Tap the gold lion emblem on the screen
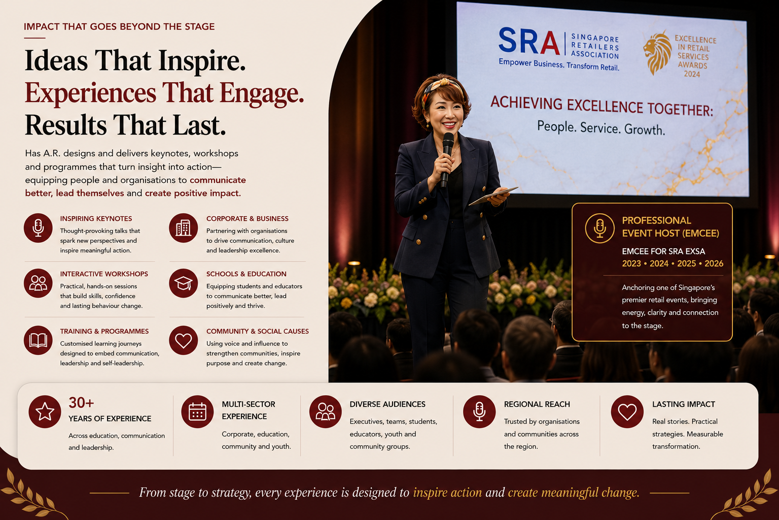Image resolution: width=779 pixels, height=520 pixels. coord(657,53)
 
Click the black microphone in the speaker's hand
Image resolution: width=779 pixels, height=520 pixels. coord(446,159)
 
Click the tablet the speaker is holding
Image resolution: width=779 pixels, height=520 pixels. coord(493,196)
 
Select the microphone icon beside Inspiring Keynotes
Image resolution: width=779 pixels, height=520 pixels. coord(38,228)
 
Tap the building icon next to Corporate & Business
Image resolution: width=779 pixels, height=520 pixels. coord(183,228)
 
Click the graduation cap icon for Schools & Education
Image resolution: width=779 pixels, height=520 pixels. coord(183,283)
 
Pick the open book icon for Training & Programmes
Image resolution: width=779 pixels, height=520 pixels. coord(38,340)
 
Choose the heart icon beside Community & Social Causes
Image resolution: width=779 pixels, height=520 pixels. coord(183,340)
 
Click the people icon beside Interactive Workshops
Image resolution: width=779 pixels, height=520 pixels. coord(38,283)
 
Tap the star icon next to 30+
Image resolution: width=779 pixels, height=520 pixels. coord(45,412)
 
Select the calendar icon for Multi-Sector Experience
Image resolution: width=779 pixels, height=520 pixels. coord(197,412)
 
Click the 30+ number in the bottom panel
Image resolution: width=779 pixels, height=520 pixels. coord(81,403)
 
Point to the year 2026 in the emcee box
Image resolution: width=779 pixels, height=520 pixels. coord(714,264)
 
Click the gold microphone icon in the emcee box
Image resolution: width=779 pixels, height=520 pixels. coord(599,228)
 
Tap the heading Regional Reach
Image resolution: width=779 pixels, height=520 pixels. coord(537,404)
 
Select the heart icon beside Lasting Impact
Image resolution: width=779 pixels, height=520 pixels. coord(627,412)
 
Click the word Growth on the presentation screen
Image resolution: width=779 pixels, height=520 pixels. coord(645,130)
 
